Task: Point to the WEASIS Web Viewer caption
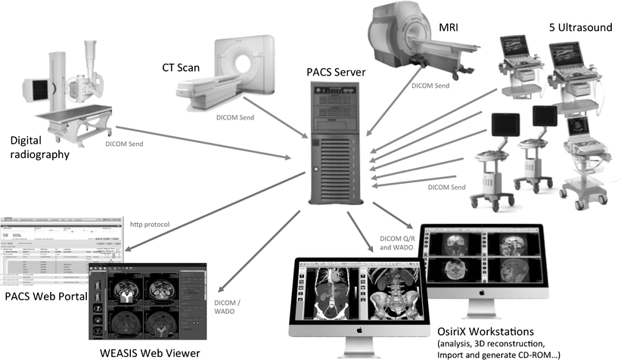click(150, 352)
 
